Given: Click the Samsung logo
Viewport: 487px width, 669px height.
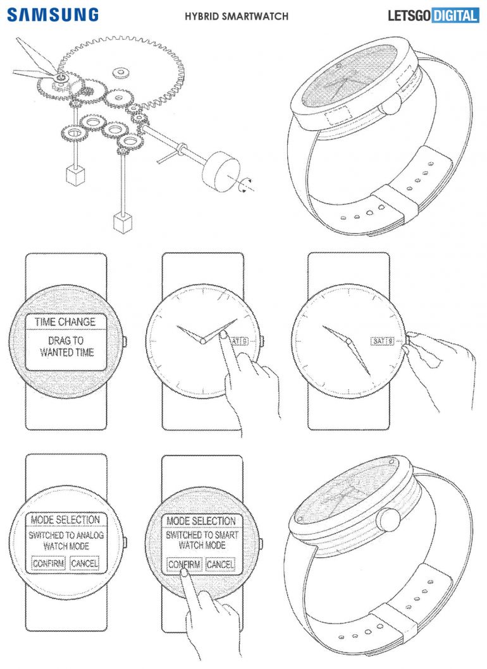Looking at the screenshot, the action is tap(53, 15).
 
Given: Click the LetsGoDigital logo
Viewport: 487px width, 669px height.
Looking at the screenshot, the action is tap(433, 16).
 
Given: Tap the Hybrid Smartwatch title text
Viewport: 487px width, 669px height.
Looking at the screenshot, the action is tap(237, 16).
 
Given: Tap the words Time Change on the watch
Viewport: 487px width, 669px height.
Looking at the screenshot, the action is tap(65, 322).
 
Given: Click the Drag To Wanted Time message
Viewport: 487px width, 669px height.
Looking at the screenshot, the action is tap(66, 346).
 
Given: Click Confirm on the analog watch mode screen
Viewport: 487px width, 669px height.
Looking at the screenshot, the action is tap(48, 564).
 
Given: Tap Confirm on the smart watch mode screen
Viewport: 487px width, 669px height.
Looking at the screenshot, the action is tap(184, 565).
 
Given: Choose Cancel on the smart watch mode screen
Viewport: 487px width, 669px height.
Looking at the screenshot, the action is tap(220, 565).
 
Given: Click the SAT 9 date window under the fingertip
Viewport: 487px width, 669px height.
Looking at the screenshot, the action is tap(239, 341).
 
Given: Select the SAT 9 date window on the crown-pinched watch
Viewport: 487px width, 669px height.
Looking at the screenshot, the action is tap(382, 341).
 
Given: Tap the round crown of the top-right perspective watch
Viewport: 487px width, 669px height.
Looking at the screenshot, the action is tap(390, 103).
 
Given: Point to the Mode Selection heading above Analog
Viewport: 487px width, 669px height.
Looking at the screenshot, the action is tap(65, 520).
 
